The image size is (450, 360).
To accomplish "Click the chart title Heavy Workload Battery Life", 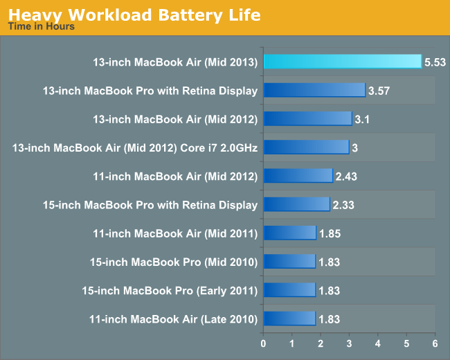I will (134, 14).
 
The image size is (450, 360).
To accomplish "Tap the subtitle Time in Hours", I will (41, 27).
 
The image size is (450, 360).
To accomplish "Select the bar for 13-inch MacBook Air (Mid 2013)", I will (342, 62).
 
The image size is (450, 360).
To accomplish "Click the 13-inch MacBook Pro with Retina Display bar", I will (314, 90).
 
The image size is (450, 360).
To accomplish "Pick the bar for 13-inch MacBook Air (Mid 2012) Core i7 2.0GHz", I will (306, 147).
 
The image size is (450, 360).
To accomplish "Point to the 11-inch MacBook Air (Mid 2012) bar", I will (298, 176).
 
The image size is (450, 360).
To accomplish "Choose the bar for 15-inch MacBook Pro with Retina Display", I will (296, 204).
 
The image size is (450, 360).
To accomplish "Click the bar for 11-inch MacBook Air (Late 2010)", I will (289, 318).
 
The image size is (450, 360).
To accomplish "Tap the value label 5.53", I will (435, 62).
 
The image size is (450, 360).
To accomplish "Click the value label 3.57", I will (380, 91).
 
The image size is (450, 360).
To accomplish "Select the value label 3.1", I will (362, 119).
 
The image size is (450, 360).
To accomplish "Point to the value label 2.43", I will (345, 176).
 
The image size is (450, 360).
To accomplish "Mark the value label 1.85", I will (329, 233).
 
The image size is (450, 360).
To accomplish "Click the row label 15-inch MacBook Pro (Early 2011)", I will (170, 290).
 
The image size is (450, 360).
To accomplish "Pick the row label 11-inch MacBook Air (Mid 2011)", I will (175, 233).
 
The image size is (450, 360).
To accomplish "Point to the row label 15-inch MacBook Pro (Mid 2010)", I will (174, 262).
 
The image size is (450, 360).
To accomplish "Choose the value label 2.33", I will (343, 205).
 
